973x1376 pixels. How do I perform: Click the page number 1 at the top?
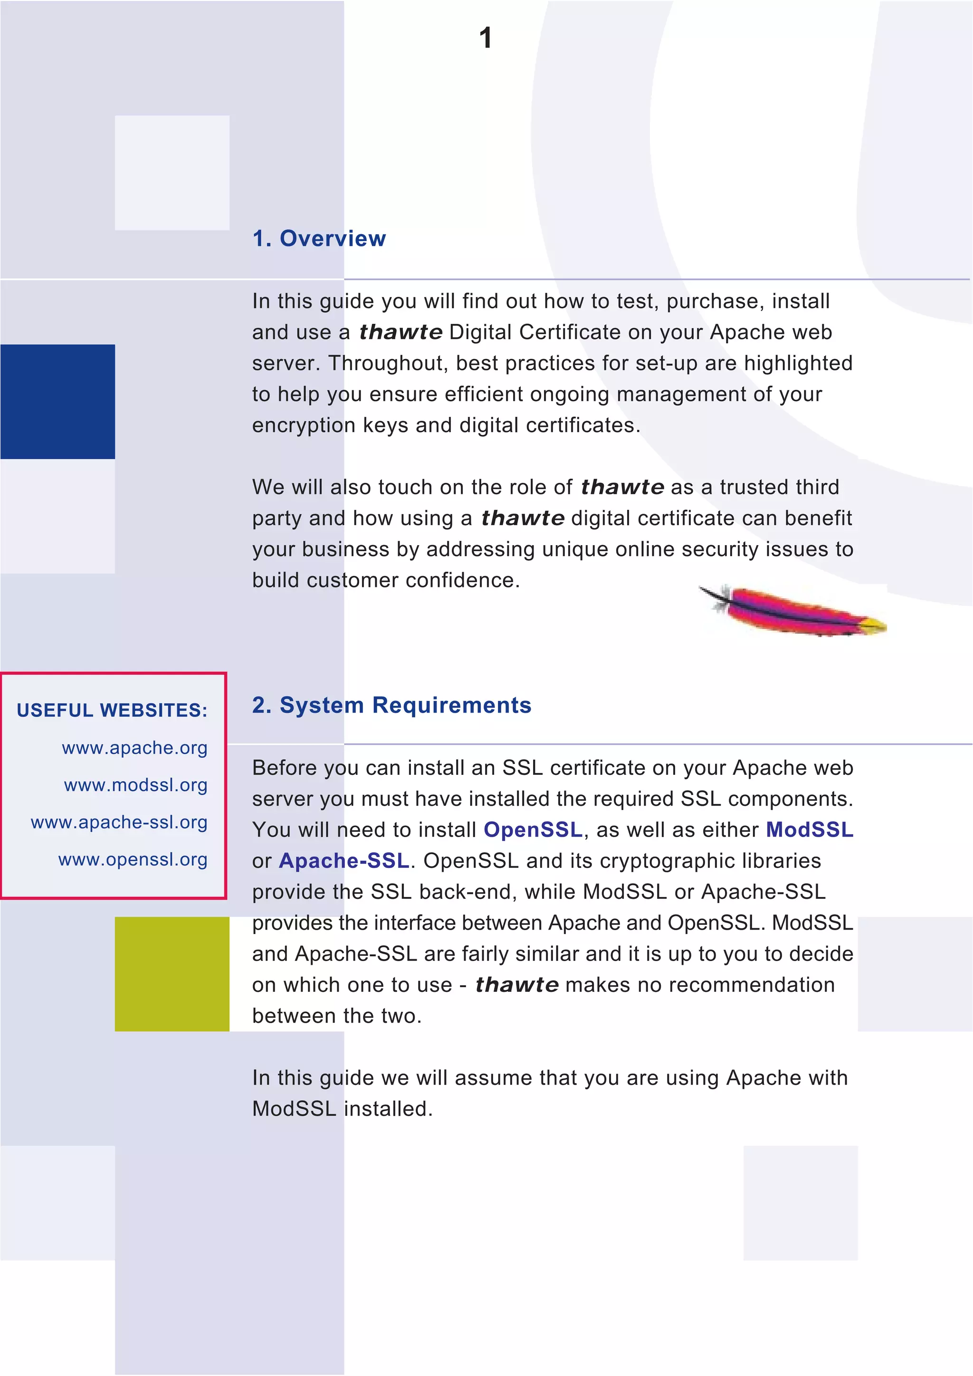click(x=486, y=38)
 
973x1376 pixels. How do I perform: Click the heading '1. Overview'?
click(x=319, y=238)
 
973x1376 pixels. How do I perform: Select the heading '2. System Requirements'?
click(x=391, y=706)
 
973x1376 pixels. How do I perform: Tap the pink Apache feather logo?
click(x=792, y=610)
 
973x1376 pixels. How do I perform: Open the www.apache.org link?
click(x=134, y=748)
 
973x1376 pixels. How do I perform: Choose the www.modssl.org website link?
click(x=135, y=785)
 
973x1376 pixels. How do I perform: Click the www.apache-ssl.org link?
click(x=119, y=822)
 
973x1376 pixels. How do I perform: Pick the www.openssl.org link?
click(x=133, y=859)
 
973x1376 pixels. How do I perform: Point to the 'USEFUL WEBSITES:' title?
click(x=112, y=710)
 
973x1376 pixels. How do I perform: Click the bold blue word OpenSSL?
click(x=533, y=829)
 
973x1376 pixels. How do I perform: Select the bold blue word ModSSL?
click(x=810, y=829)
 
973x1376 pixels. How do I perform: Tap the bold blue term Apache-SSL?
click(x=344, y=861)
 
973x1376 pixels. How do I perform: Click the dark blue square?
click(x=57, y=402)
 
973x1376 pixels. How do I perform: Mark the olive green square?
click(x=172, y=974)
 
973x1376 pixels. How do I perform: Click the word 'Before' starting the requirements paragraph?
click(x=285, y=768)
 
